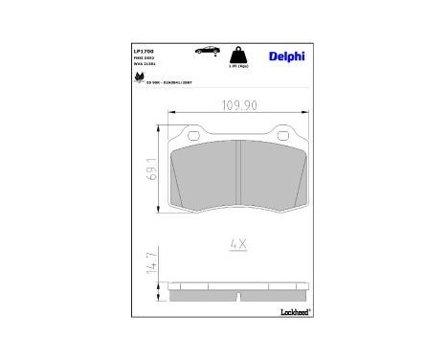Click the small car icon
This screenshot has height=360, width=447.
click(x=203, y=48)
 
